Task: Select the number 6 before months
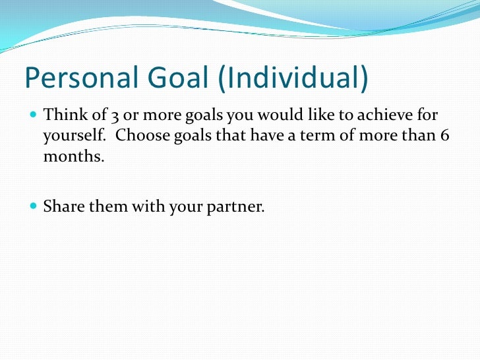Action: (444, 137)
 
